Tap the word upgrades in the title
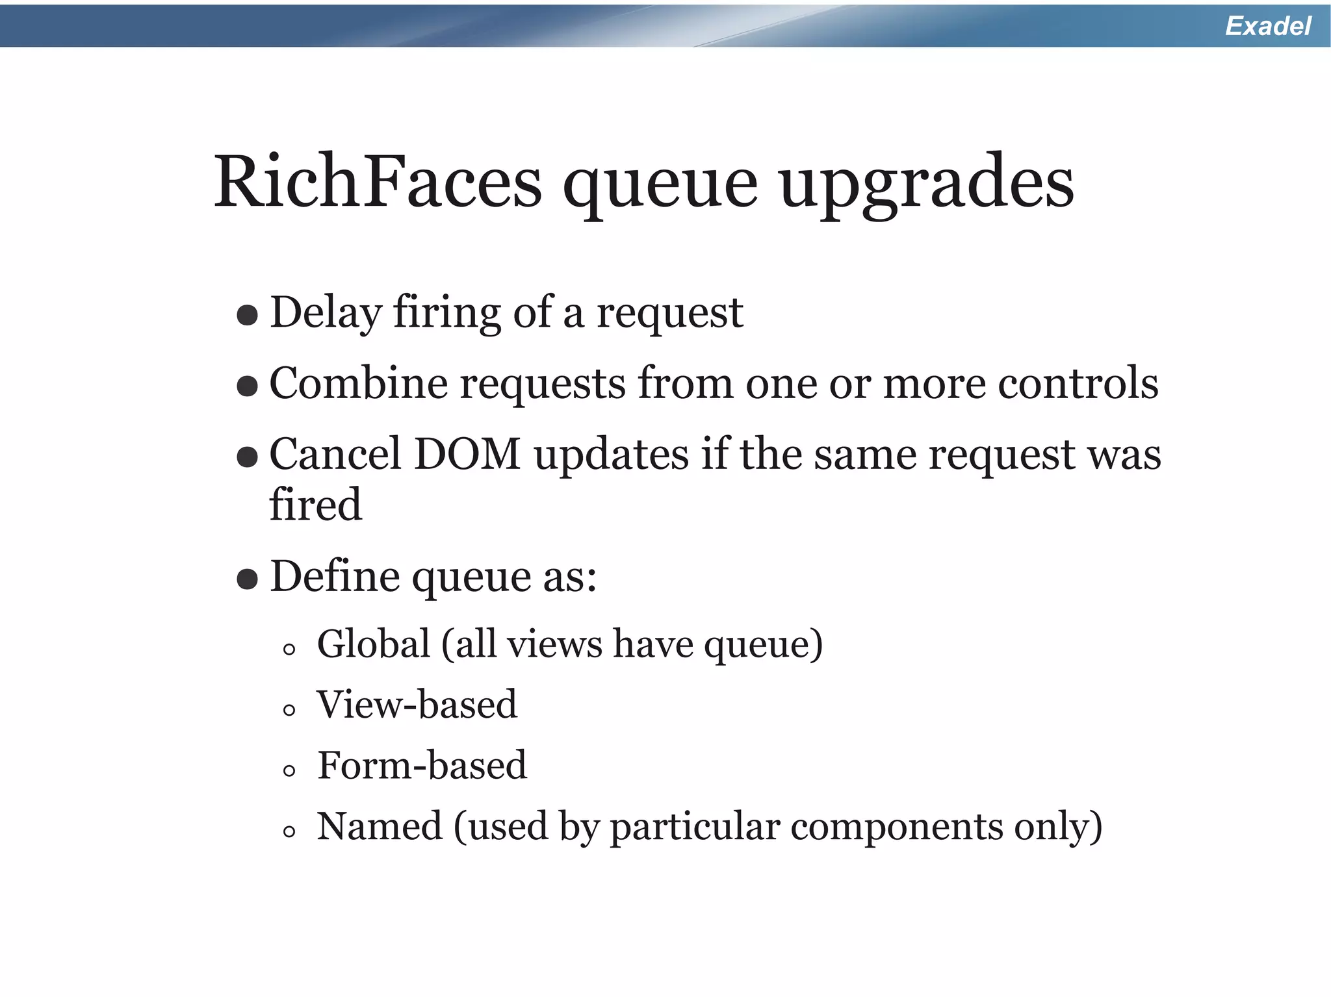pos(927,184)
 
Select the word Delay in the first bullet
pos(325,313)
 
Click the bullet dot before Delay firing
pos(247,316)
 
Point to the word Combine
pos(358,383)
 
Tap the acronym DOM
pos(467,454)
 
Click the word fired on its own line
pos(315,505)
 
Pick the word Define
pos(335,576)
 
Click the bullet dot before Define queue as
pos(247,579)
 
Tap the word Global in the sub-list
pos(374,644)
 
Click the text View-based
pos(417,705)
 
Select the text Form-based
pos(422,766)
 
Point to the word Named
pos(379,827)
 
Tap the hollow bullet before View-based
pos(289,710)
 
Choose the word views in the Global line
pos(554,644)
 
